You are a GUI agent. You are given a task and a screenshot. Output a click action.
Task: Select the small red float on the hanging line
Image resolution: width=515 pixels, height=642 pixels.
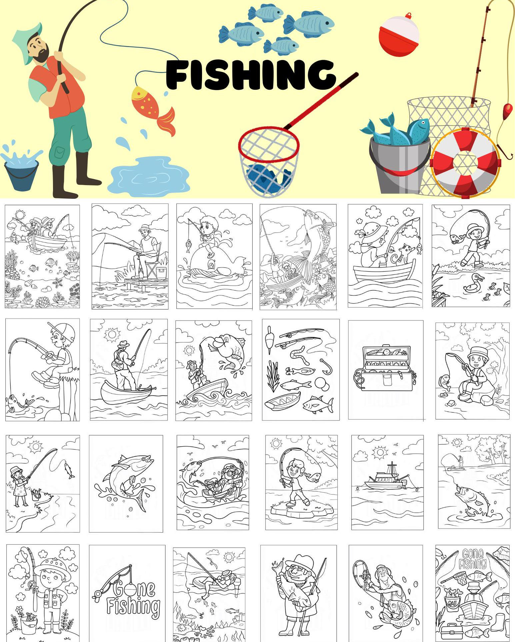pos(508,109)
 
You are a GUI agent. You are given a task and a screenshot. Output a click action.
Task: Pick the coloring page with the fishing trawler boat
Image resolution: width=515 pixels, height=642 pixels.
pos(387,482)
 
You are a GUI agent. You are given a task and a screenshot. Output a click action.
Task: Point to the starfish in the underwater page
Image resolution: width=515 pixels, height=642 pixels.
pos(58,282)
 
